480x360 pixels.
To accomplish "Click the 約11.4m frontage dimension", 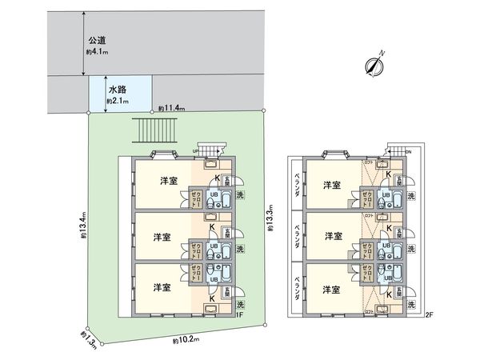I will pos(172,107).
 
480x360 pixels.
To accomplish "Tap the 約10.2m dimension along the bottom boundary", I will pos(185,340).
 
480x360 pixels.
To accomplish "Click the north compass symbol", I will pos(371,66).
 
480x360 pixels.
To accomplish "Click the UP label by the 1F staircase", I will pos(196,150).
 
